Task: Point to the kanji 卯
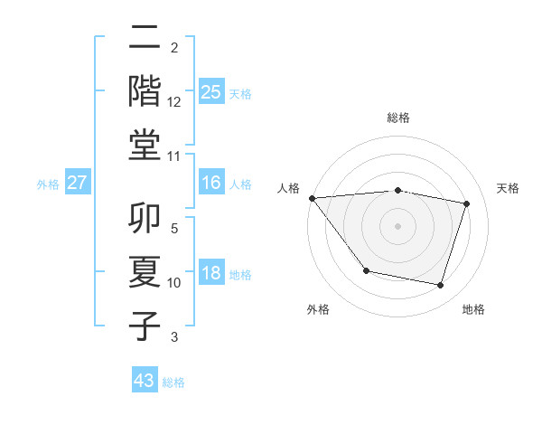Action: coord(145,218)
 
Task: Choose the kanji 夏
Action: coord(145,271)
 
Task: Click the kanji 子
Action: coord(145,325)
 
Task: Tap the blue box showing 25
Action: coord(210,92)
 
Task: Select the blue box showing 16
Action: coord(210,183)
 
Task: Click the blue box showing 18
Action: coord(210,273)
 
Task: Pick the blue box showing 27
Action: coord(78,183)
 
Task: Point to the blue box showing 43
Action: coord(145,381)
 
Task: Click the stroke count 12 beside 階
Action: coord(174,102)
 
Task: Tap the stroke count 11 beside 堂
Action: coord(174,156)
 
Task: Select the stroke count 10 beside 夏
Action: coord(174,283)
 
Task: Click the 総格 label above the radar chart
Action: coord(398,118)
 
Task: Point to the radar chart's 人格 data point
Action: coord(312,198)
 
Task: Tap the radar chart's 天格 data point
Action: coord(467,203)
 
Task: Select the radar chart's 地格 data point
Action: coord(440,285)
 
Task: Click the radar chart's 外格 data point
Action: coord(366,270)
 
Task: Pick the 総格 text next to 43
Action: coord(173,382)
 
